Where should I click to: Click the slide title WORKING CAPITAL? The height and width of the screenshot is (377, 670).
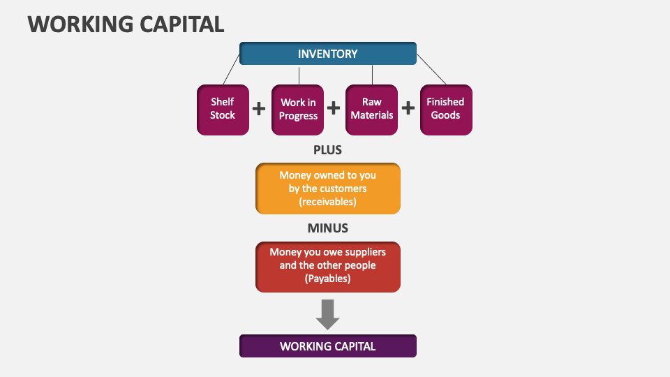click(x=126, y=24)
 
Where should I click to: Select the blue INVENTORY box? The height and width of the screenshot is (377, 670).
click(x=327, y=54)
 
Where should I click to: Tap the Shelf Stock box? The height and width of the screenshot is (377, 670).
click(x=223, y=109)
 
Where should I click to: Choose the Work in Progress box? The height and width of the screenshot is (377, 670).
click(x=298, y=109)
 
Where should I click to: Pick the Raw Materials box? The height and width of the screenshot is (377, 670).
click(x=371, y=109)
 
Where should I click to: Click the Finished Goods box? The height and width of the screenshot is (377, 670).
click(x=445, y=109)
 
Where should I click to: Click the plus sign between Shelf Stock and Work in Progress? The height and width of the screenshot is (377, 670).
click(x=259, y=108)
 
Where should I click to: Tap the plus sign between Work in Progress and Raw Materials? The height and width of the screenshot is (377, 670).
click(x=334, y=108)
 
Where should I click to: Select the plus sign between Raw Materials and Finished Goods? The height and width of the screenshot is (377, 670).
click(x=408, y=108)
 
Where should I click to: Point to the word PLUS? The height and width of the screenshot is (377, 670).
click(x=327, y=149)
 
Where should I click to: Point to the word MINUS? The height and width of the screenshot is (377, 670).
click(x=327, y=228)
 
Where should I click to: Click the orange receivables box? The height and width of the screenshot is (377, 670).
click(x=327, y=188)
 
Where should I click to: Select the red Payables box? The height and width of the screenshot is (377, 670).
click(x=327, y=265)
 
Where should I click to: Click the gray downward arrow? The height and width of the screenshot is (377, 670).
click(x=327, y=314)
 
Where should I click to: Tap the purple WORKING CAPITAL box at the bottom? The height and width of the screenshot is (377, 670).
click(x=327, y=346)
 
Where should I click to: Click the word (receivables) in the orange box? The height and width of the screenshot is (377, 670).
click(x=327, y=202)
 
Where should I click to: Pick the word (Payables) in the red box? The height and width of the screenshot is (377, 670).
click(x=327, y=279)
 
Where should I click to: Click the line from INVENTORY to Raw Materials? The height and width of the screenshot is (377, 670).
click(x=372, y=75)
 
